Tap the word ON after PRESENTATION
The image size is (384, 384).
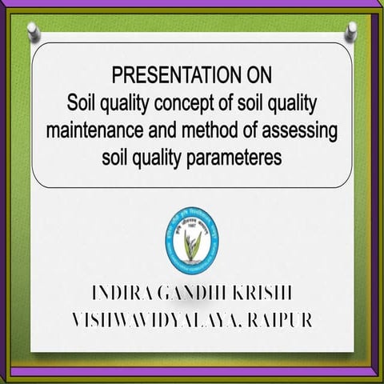click(x=255, y=77)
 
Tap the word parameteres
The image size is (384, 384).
click(x=237, y=157)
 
